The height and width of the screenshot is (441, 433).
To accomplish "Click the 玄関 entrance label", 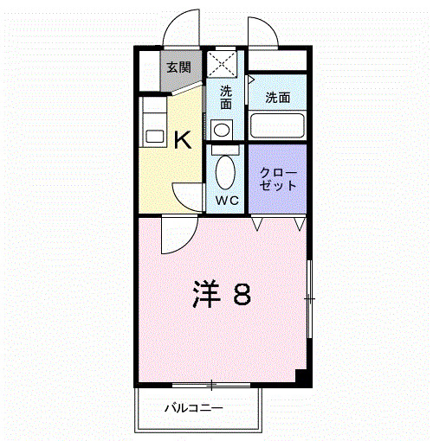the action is tap(178, 67).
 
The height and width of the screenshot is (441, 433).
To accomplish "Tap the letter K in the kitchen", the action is tap(183, 140).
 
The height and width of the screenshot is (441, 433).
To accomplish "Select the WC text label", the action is tap(227, 201).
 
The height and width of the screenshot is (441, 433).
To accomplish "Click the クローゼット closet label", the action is tap(278, 179).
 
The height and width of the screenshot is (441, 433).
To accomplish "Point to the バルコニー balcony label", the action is tap(194, 408).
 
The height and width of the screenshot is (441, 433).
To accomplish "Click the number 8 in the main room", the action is tap(242, 294).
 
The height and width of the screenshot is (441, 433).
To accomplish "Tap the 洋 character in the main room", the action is tap(206, 294).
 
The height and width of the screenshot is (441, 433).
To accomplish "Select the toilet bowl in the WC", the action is tap(225, 172).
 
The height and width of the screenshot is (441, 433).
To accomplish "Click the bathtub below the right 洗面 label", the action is tap(277, 125).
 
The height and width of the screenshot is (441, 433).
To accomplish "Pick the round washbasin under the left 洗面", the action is tap(222, 131).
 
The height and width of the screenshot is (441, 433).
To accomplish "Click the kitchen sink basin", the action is tap(155, 136).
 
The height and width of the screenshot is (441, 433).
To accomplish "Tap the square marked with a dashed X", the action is tap(222, 64).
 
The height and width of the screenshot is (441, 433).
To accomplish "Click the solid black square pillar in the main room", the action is tap(301, 376).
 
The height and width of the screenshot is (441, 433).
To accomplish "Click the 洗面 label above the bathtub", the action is tap(278, 98).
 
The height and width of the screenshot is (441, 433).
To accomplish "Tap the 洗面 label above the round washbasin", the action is tap(226, 98).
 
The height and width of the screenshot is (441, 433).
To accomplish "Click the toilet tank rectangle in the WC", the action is tap(225, 150).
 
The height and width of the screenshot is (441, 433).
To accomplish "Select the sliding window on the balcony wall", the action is tap(211, 385).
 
